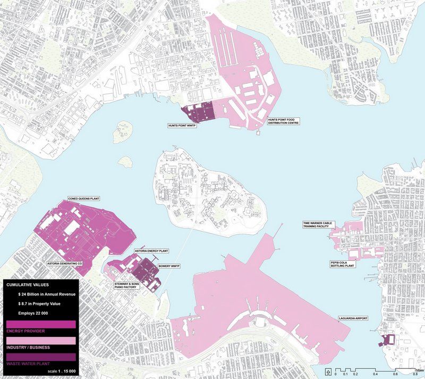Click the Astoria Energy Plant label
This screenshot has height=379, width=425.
151,251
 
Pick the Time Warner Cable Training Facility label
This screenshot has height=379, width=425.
316,225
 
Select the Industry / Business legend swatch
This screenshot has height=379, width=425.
40,340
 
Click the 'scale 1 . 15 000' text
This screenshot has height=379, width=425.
62,370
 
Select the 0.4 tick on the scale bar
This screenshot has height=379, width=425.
375,374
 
